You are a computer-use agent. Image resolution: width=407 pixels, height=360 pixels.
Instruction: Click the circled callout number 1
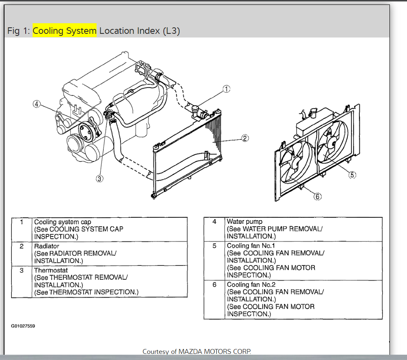(x=227, y=88)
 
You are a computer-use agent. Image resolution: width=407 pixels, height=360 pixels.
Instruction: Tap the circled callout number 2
(x=245, y=138)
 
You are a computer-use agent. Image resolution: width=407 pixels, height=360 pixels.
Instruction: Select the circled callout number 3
(x=100, y=178)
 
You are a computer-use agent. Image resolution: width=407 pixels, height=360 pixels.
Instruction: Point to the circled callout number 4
(x=37, y=104)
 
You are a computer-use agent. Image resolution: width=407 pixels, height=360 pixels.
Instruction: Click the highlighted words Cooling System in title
(x=65, y=31)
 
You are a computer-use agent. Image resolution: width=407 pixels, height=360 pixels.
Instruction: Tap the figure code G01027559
(x=23, y=326)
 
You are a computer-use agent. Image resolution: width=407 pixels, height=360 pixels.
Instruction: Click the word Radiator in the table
(x=46, y=246)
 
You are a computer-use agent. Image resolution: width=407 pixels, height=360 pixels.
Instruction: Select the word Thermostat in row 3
(x=51, y=270)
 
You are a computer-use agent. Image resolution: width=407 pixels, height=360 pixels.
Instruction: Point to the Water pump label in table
(x=244, y=222)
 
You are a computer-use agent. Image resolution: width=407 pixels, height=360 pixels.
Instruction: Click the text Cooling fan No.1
(x=251, y=246)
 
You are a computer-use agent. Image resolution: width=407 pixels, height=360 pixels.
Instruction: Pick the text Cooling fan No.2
(x=251, y=285)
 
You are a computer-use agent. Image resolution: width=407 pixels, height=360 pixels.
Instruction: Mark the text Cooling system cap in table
(x=62, y=222)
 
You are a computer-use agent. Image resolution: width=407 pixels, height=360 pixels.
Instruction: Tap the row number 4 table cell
(x=214, y=222)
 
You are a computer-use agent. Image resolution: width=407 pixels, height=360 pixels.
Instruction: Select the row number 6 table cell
(x=214, y=285)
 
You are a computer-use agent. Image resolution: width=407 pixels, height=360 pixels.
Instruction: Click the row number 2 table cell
(x=22, y=246)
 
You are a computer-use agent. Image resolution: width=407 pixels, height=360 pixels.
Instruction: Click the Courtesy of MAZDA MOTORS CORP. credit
(x=197, y=351)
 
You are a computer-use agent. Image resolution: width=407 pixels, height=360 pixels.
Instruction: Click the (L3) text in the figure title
(x=171, y=31)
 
